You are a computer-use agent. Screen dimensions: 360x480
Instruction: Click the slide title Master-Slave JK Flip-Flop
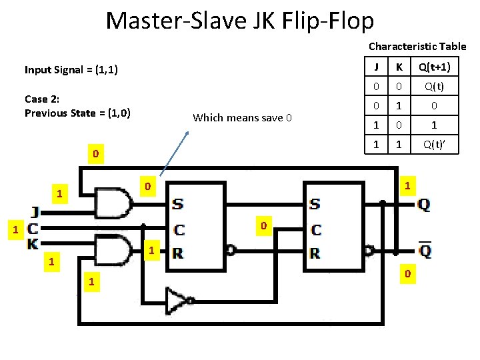click(x=240, y=21)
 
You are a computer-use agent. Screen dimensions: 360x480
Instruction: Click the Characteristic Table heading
click(x=417, y=47)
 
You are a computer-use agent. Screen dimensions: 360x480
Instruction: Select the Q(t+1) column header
click(x=433, y=67)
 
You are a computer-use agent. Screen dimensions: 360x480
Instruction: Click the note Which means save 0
click(x=242, y=118)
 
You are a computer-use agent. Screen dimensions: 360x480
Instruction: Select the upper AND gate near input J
click(x=114, y=203)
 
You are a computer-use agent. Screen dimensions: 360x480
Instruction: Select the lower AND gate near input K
click(x=114, y=250)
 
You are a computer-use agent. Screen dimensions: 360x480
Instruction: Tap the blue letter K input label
click(x=33, y=244)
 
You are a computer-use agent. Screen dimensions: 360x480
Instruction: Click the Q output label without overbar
click(x=424, y=205)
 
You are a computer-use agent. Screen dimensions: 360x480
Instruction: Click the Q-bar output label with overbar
click(x=424, y=251)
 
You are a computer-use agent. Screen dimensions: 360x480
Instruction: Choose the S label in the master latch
click(x=178, y=204)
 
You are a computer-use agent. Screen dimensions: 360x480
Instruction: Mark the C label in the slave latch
click(x=316, y=230)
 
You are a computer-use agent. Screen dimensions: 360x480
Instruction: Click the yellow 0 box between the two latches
click(x=263, y=227)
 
